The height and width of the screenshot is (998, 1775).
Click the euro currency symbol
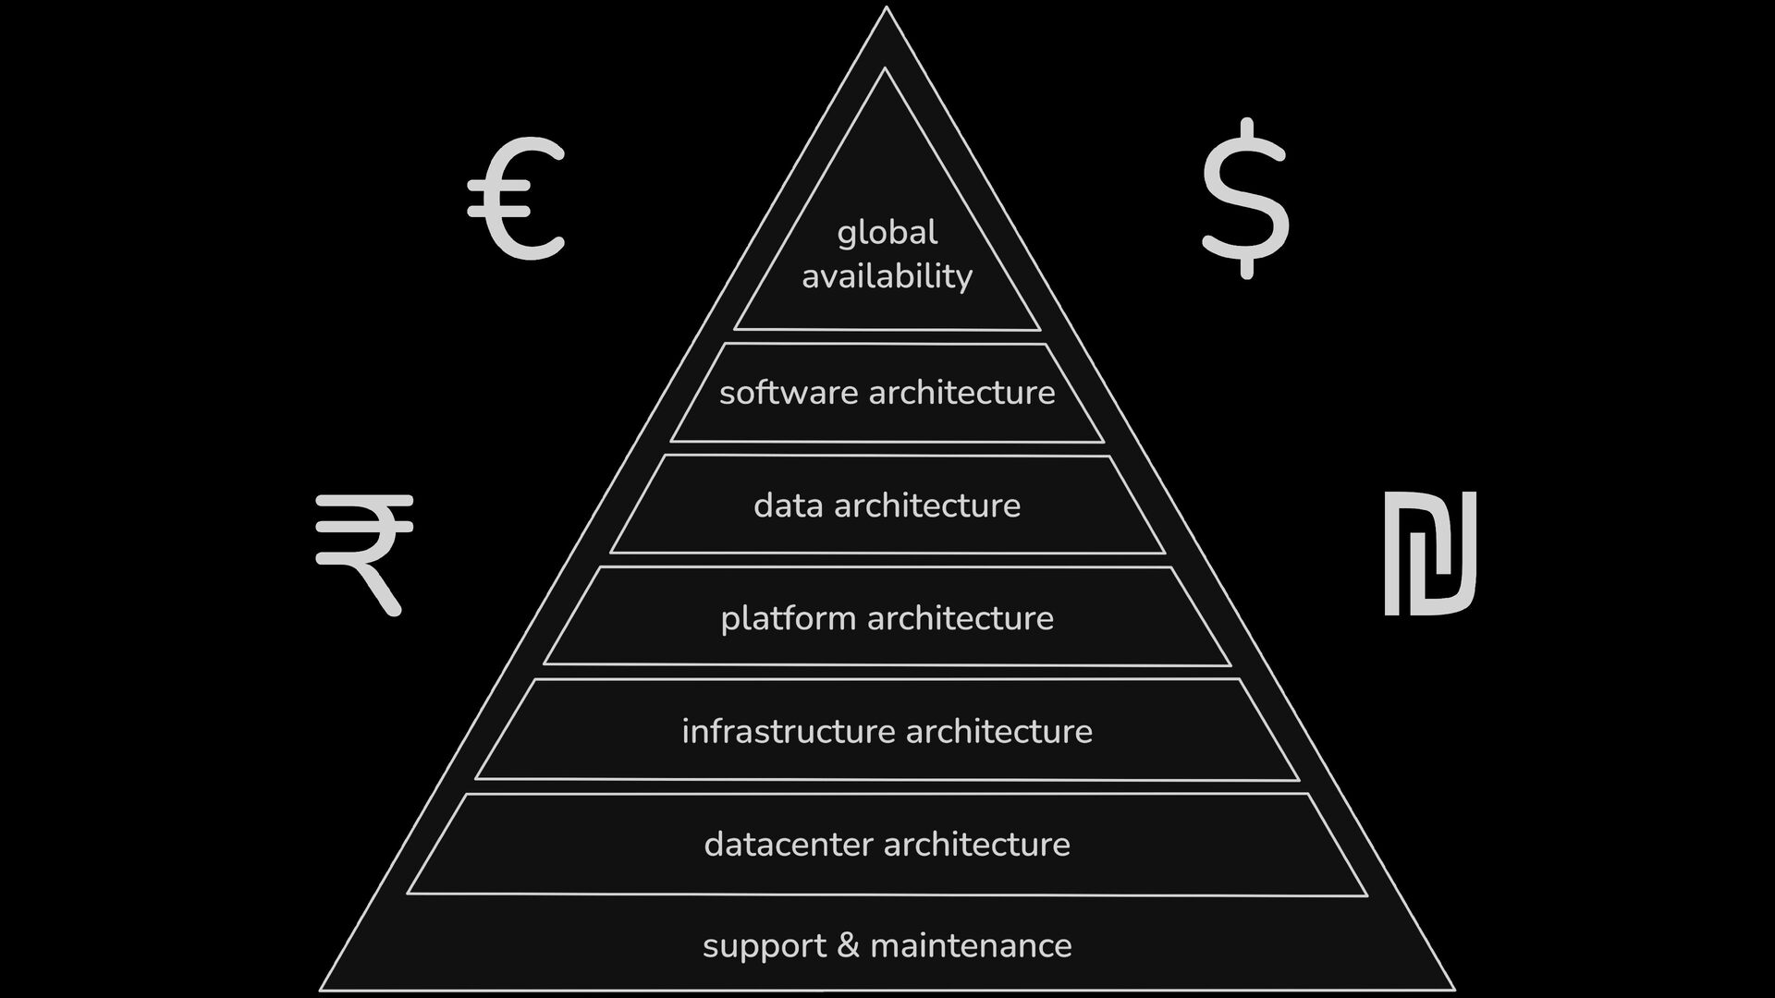[x=516, y=198]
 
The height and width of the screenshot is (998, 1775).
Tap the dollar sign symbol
[x=1245, y=198]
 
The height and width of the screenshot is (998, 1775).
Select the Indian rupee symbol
[x=363, y=553]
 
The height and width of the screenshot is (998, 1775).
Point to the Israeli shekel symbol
[x=1429, y=553]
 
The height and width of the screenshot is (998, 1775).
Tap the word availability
[x=887, y=276]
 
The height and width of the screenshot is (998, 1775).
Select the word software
[x=789, y=393]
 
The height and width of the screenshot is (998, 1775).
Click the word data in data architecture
[x=788, y=505]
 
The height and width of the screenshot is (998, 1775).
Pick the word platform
[x=789, y=618]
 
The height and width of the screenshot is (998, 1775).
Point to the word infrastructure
[x=789, y=732]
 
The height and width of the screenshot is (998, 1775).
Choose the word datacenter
[x=789, y=845]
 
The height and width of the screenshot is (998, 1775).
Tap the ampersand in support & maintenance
[x=847, y=945]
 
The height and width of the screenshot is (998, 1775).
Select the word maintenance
[x=971, y=945]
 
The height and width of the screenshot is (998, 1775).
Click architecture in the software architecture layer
[x=961, y=393]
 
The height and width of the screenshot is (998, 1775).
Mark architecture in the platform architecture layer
[x=961, y=618]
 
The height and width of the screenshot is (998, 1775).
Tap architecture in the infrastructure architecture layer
[x=999, y=732]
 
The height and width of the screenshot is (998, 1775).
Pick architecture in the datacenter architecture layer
[x=977, y=845]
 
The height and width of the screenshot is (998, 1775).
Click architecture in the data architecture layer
[x=927, y=505]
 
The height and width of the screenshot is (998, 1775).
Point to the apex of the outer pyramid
[x=886, y=8]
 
